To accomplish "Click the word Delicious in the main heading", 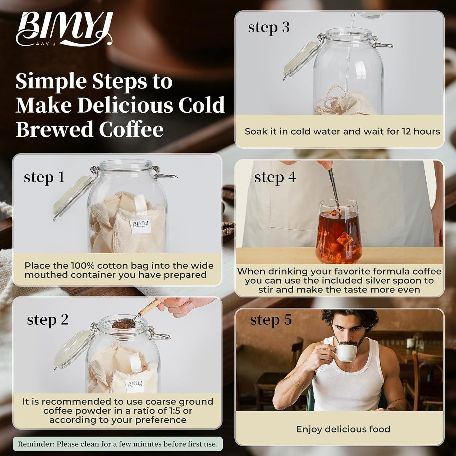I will point(125,105).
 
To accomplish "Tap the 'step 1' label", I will point(44,177).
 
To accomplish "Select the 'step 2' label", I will point(48,320).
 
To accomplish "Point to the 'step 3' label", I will point(269,28).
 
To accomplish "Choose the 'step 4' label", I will point(275,177).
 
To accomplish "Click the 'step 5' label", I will point(271,320).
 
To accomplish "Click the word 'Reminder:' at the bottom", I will point(36,444).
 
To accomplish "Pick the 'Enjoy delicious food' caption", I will point(343,429).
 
